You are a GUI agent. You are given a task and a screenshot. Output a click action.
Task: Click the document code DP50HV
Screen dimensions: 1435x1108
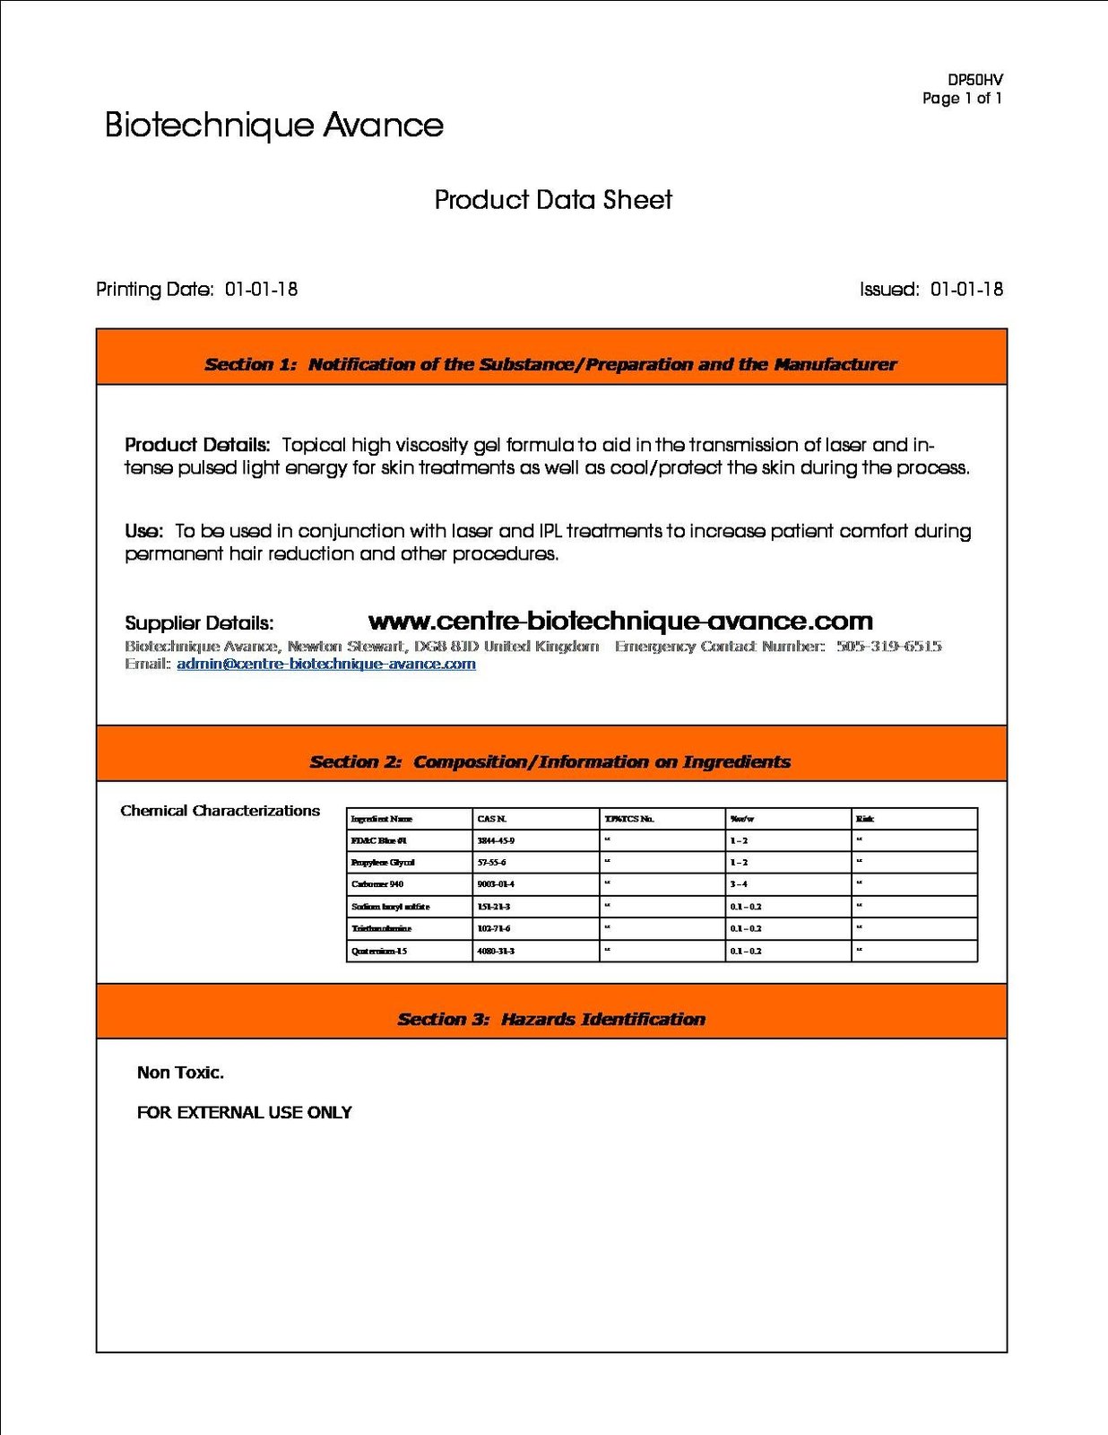pyautogui.click(x=974, y=80)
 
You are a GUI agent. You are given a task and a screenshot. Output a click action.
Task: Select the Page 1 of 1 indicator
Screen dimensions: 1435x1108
pyautogui.click(x=962, y=99)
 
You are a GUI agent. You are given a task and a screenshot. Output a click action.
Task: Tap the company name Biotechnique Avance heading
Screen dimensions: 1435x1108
pyautogui.click(x=273, y=126)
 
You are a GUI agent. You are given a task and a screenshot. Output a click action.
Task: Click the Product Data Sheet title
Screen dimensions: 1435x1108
pyautogui.click(x=553, y=200)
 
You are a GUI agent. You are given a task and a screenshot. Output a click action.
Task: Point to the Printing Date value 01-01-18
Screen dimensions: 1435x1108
pyautogui.click(x=261, y=290)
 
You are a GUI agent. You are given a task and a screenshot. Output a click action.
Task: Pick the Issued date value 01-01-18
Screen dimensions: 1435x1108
pyautogui.click(x=966, y=290)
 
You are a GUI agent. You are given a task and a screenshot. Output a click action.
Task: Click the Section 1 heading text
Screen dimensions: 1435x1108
pyautogui.click(x=550, y=364)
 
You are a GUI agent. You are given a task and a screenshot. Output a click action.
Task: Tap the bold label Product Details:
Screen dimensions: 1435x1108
pyautogui.click(x=197, y=445)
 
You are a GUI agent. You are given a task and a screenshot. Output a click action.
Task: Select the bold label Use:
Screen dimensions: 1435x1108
pyautogui.click(x=143, y=531)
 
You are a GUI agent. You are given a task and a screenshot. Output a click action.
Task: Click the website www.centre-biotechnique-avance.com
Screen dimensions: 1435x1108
pyautogui.click(x=620, y=621)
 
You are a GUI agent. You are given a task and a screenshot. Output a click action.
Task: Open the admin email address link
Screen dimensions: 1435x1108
pyautogui.click(x=326, y=665)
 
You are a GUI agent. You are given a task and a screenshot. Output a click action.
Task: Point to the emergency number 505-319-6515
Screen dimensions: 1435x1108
pyautogui.click(x=888, y=647)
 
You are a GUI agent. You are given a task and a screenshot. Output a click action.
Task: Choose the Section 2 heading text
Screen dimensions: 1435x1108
pyautogui.click(x=550, y=762)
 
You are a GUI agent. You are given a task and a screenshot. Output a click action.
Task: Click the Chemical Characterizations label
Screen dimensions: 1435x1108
pyautogui.click(x=220, y=811)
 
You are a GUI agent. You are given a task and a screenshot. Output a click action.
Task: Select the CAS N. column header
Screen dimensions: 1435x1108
pyautogui.click(x=492, y=819)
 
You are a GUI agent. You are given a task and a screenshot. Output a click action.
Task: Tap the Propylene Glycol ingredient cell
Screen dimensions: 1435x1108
pyautogui.click(x=383, y=863)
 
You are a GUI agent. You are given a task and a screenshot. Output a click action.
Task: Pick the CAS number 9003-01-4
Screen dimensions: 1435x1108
pyautogui.click(x=496, y=884)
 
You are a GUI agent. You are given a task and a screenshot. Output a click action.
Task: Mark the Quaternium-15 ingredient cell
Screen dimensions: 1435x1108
pyautogui.click(x=379, y=951)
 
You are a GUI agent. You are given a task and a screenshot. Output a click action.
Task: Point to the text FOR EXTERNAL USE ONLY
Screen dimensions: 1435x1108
pyautogui.click(x=244, y=1113)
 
